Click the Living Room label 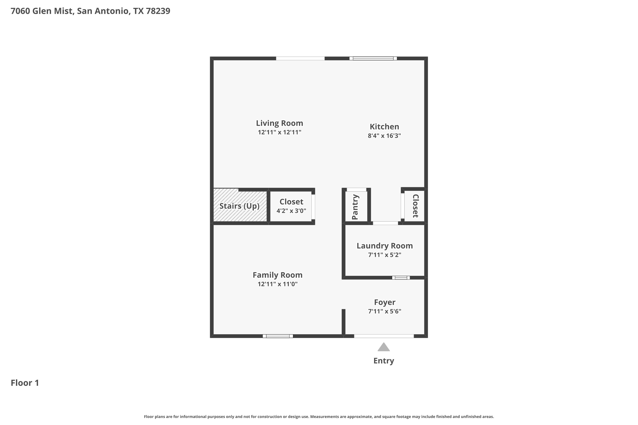click(279, 123)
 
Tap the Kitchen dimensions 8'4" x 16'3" click(384, 136)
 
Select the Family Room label click(278, 275)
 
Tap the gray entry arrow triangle click(384, 347)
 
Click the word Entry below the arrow click(384, 361)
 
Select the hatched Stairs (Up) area click(240, 205)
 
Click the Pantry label click(355, 207)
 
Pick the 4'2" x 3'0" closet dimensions click(291, 211)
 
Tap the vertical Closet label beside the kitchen click(415, 206)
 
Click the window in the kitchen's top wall click(373, 58)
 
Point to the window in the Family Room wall click(278, 336)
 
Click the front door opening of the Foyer click(384, 336)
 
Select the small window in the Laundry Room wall click(401, 278)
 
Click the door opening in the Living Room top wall click(300, 58)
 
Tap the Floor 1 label click(25, 383)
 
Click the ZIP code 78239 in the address click(158, 11)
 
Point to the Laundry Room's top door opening click(385, 223)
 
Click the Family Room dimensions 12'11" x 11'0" click(278, 284)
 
